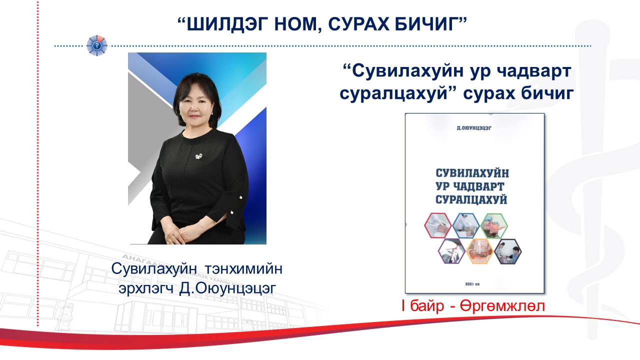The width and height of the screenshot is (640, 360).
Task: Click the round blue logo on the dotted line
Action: coord(97,45)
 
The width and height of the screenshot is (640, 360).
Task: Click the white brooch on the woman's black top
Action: coord(199,156)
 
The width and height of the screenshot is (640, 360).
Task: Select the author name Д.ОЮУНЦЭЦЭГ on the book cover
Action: coord(474,128)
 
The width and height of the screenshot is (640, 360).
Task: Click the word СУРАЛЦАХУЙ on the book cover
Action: coord(471,199)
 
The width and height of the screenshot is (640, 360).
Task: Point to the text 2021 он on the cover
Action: coord(472,284)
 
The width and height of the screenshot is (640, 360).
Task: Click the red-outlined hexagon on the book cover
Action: coord(437,225)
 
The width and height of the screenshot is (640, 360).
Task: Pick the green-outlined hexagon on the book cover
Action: coord(494,225)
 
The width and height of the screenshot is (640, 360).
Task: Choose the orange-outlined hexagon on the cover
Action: coord(479,251)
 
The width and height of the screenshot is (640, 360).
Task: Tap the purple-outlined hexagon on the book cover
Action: coord(451,251)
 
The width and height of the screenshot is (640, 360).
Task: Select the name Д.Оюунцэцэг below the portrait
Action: coord(227,289)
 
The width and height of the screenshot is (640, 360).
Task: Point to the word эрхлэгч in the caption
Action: coord(146,289)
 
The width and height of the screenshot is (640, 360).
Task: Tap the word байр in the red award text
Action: coord(427,305)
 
